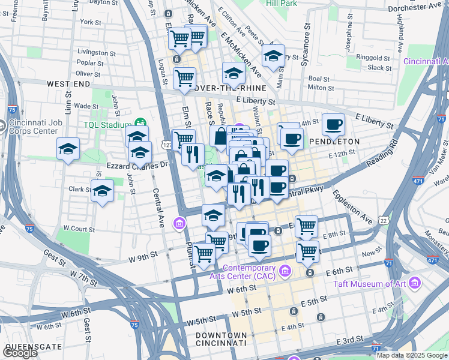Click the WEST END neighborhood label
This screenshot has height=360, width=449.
pos(68,83)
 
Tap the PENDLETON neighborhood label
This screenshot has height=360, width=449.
pos(334,142)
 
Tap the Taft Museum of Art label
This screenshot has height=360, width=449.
pos(371,284)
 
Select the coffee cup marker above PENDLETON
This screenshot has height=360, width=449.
pos(333,125)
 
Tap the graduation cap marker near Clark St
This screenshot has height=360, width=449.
pos(103,191)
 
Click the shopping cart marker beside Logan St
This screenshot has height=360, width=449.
pos(184,77)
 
